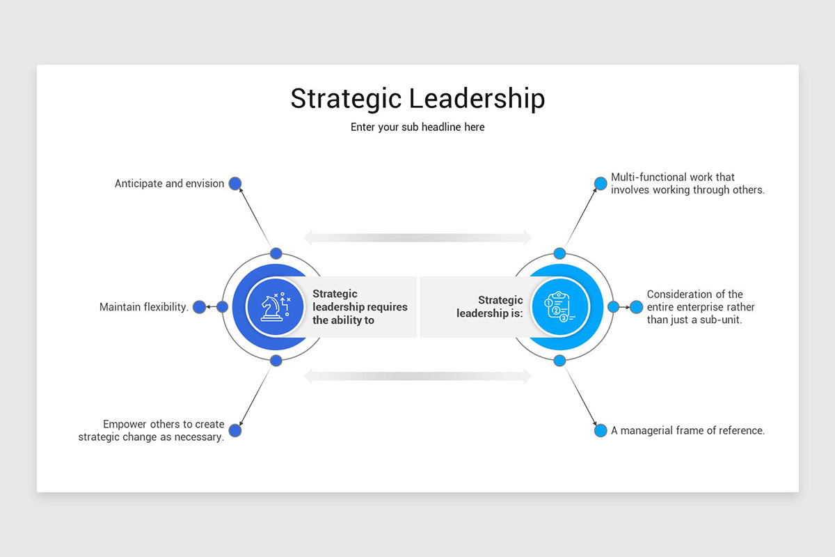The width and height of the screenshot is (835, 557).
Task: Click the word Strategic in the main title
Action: pyautogui.click(x=345, y=99)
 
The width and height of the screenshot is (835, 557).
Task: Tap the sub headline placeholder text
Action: pyautogui.click(x=417, y=127)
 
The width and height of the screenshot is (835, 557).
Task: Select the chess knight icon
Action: pyautogui.click(x=275, y=307)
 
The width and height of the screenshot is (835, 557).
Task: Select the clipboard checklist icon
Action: pyautogui.click(x=559, y=307)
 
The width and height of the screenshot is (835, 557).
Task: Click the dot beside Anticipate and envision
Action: pyautogui.click(x=235, y=184)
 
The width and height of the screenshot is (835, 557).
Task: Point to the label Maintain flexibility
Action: pyautogui.click(x=144, y=307)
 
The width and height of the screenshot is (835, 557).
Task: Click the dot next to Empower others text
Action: pyautogui.click(x=235, y=430)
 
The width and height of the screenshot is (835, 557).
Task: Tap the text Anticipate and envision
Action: pyautogui.click(x=169, y=184)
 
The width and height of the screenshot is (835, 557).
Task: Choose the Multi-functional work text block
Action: pyautogui.click(x=687, y=183)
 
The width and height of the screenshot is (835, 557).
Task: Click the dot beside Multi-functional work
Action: pyautogui.click(x=601, y=184)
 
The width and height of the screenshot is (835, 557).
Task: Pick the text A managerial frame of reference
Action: pyautogui.click(x=687, y=430)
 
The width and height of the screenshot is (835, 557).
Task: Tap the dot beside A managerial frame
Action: pyautogui.click(x=601, y=430)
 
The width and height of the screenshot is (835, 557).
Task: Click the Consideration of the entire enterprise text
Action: pyautogui.click(x=700, y=307)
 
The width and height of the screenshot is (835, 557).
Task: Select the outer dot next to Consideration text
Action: pyautogui.click(x=636, y=306)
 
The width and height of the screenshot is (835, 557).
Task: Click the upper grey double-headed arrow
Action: pyautogui.click(x=417, y=238)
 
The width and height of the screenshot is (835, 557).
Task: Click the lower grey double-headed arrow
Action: pyautogui.click(x=417, y=377)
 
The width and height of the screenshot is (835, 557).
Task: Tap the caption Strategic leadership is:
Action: pyautogui.click(x=490, y=307)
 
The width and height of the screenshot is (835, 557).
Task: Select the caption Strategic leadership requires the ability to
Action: pyautogui.click(x=360, y=307)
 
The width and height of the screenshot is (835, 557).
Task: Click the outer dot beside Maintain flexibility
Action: pyautogui.click(x=199, y=307)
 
